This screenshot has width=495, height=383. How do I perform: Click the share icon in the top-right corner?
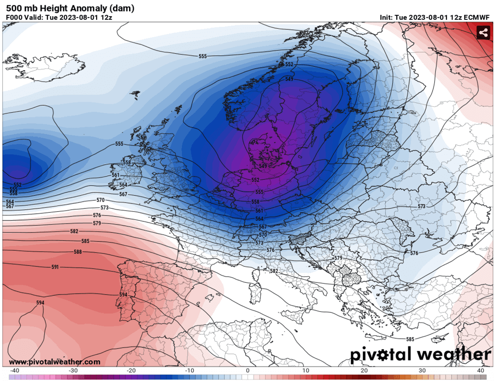[483, 33]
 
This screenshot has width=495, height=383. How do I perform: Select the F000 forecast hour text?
[14, 17]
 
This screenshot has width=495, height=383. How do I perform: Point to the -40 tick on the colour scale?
[15, 370]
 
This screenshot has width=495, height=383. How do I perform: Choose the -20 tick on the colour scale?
[131, 370]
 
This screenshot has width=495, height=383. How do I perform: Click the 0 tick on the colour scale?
[247, 370]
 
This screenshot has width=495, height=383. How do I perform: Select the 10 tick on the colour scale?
[306, 370]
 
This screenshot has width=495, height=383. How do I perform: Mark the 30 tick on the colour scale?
[422, 370]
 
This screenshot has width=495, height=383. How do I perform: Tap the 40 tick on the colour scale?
[480, 370]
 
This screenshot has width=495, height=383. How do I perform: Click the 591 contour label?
[55, 267]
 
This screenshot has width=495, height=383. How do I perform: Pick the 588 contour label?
[78, 252]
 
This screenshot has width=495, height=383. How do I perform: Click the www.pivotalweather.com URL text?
[54, 362]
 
